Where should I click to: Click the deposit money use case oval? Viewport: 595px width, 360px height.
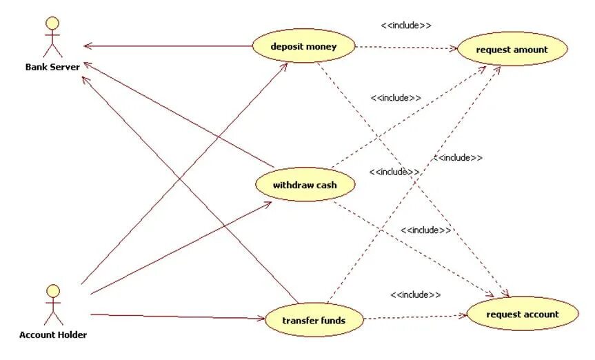coord(303,46)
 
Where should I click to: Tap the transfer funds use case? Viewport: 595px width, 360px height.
coord(314,320)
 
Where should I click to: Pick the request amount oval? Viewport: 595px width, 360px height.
coord(512,49)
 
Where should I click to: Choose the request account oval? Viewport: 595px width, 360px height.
coord(522,314)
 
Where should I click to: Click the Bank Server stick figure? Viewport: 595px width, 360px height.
coord(52,37)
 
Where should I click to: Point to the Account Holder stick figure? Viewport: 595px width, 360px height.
coord(52,304)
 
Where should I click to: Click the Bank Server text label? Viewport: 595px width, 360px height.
coord(52,67)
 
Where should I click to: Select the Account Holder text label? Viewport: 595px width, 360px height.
coord(53,335)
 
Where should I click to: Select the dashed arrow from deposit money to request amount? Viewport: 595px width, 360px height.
coord(407,48)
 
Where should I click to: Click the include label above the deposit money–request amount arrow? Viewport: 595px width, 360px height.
coord(406,26)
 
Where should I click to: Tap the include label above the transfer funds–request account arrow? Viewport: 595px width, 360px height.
coord(415,294)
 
